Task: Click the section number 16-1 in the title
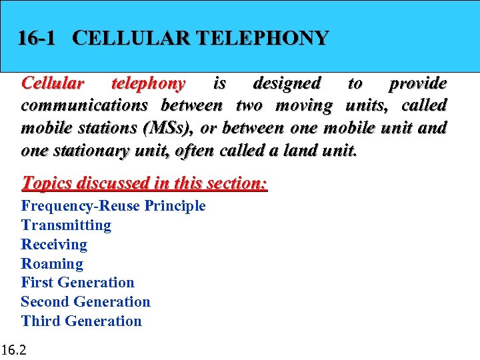click(37, 38)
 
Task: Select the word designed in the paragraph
click(287, 83)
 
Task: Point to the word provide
click(418, 83)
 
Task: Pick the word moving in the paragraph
click(304, 105)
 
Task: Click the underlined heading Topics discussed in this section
click(144, 182)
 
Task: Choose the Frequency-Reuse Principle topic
click(113, 206)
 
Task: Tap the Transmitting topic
click(66, 225)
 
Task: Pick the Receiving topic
click(54, 245)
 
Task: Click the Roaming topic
click(52, 264)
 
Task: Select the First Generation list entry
click(77, 283)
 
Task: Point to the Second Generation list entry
click(85, 302)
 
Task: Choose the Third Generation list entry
click(81, 321)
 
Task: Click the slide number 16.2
click(14, 349)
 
